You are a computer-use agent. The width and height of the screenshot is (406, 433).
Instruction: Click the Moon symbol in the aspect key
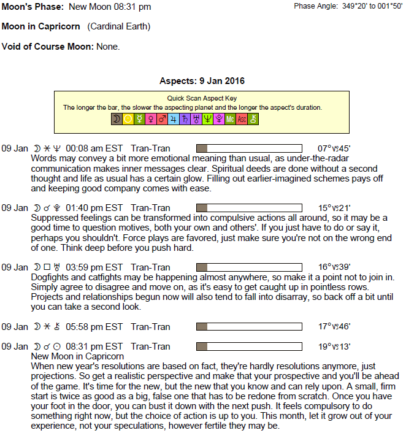(x=117, y=120)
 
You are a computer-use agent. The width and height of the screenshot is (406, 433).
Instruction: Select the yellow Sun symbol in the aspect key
(x=128, y=120)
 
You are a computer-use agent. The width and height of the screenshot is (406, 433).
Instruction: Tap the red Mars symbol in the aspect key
(x=162, y=120)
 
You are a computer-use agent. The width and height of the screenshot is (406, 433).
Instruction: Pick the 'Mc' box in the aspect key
(x=230, y=120)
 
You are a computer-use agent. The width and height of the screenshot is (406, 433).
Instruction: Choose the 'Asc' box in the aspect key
(x=242, y=120)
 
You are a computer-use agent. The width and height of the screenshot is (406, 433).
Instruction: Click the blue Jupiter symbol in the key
(x=174, y=120)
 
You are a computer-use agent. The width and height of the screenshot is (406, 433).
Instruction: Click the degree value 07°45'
(x=334, y=148)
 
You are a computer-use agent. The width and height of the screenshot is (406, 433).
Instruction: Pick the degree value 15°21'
(x=334, y=208)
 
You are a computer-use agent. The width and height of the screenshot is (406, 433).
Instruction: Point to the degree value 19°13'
(x=334, y=347)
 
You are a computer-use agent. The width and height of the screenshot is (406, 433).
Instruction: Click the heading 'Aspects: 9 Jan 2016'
(x=202, y=81)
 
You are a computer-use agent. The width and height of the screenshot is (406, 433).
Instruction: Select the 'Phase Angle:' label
(x=315, y=6)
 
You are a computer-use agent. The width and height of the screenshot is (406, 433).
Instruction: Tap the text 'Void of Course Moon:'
(x=48, y=47)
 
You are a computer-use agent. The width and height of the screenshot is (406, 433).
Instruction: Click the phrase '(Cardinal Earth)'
(x=118, y=27)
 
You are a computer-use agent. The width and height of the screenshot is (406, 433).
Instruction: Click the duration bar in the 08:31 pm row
(x=248, y=347)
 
